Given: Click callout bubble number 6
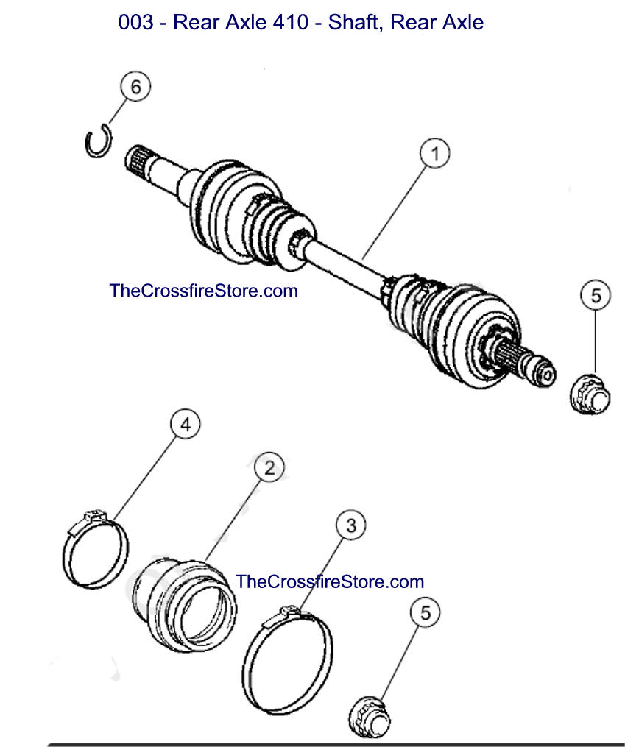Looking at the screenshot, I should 135,87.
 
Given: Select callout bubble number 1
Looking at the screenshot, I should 435,154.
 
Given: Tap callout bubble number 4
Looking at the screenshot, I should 186,425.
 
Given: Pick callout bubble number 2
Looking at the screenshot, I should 269,467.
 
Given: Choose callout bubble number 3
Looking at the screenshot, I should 351,525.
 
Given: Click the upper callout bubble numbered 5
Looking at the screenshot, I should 596,296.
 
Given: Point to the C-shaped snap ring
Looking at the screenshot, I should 96,141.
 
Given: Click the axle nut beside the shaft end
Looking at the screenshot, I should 590,393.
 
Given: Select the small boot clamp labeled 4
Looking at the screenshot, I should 94,548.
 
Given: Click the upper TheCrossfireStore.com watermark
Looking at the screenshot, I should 203,291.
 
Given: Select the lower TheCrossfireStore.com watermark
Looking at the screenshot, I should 330,581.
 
